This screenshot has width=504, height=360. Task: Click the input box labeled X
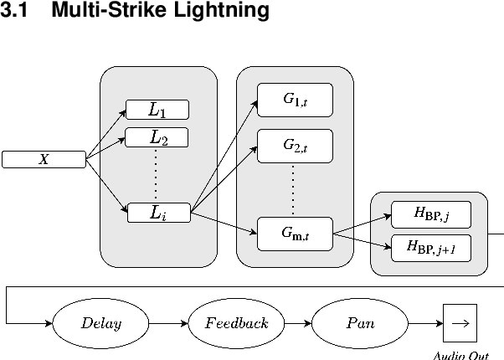click(44, 159)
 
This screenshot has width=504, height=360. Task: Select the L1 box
click(157, 109)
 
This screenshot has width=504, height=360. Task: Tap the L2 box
click(157, 137)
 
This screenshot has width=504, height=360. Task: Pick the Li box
click(158, 213)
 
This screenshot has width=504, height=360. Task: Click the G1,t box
click(295, 100)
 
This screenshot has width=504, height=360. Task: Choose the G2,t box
click(295, 147)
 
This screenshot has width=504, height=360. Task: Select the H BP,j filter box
click(430, 214)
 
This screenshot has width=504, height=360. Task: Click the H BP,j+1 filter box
click(430, 246)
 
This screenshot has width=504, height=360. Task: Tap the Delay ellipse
click(100, 323)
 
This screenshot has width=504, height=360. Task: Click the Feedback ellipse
click(236, 323)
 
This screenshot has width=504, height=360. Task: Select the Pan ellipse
click(360, 323)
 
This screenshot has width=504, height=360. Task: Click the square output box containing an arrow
click(460, 323)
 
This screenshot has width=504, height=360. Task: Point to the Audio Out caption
click(460, 355)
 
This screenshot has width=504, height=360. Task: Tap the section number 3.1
click(16, 11)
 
